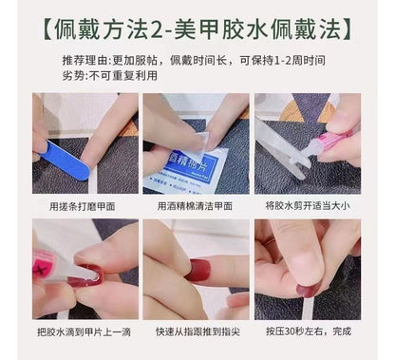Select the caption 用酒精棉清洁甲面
(x=196, y=203)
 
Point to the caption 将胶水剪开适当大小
(x=308, y=203)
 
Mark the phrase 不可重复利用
(x=103, y=77)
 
